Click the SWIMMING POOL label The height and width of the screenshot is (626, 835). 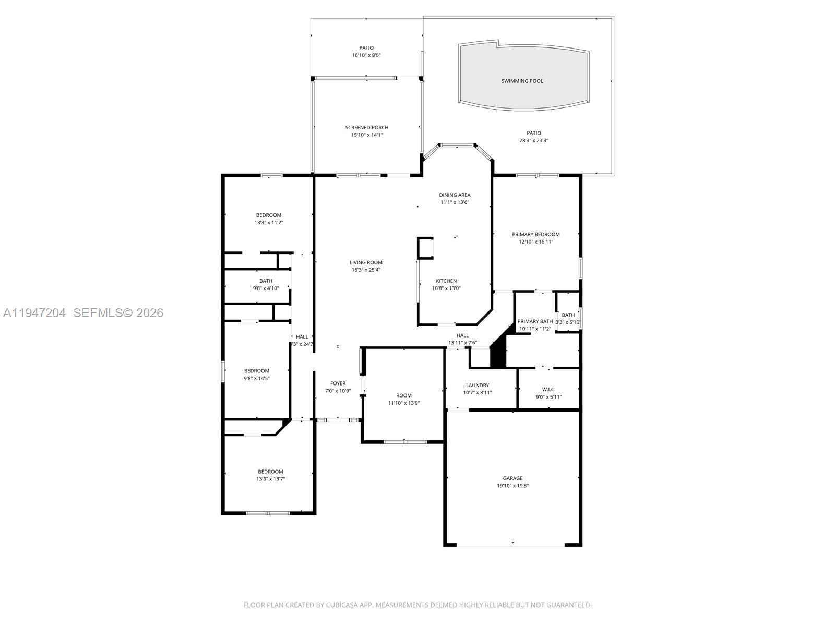(522, 81)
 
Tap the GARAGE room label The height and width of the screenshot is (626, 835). (512, 478)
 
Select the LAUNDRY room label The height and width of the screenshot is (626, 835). (478, 386)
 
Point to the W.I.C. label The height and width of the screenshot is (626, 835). (548, 389)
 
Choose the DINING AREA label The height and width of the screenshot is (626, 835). (455, 195)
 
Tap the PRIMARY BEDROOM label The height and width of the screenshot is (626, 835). (535, 235)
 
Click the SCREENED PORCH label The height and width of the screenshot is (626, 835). (366, 128)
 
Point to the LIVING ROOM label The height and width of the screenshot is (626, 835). (366, 263)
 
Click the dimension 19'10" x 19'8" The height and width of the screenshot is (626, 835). (512, 486)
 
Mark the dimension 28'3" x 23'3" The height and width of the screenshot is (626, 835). (533, 140)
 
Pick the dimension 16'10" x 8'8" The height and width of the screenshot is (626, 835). (366, 55)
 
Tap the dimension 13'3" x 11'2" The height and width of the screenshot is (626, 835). (268, 223)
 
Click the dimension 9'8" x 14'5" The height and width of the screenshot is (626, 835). (256, 379)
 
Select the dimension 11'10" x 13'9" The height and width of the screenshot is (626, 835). (403, 403)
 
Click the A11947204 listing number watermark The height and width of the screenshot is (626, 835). (34, 313)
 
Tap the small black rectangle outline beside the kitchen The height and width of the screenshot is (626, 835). (425, 248)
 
